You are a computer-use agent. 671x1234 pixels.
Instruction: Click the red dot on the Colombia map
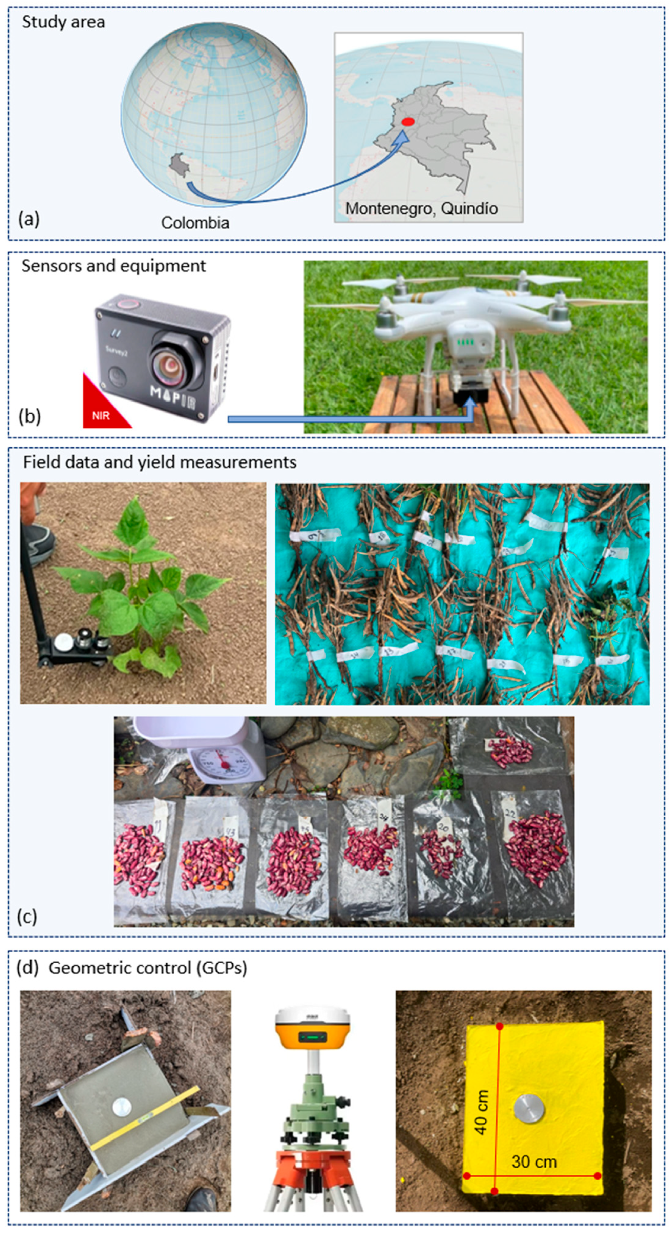point(407,122)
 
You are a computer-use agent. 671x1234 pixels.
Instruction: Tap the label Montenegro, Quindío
point(421,208)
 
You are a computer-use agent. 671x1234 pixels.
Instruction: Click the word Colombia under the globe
point(195,223)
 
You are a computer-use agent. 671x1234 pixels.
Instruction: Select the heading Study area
point(63,22)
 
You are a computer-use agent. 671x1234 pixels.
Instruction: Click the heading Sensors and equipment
point(113,266)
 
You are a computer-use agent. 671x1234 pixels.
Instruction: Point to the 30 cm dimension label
point(534,1162)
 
